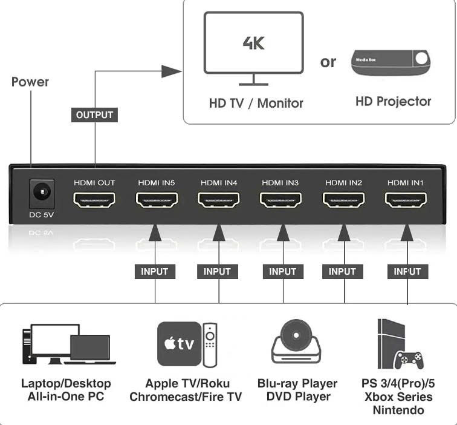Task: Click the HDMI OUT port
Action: [94, 200]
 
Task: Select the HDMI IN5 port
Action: [157, 200]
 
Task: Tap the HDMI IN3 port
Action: [281, 200]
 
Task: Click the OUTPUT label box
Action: [95, 114]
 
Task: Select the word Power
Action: [30, 82]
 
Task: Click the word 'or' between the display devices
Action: [328, 62]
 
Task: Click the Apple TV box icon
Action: [178, 344]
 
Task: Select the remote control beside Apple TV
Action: [210, 345]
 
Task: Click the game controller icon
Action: [409, 358]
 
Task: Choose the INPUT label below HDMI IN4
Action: [217, 272]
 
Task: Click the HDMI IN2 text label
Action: [343, 182]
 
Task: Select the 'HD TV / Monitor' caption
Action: [256, 103]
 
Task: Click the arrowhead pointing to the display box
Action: [173, 72]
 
